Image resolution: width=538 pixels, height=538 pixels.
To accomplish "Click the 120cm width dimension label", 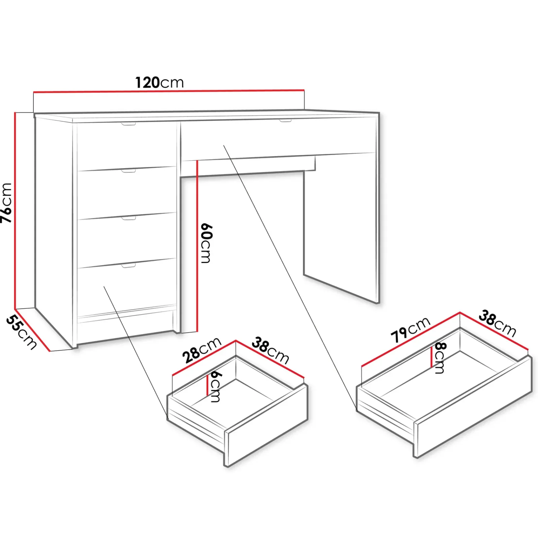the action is coord(159,82).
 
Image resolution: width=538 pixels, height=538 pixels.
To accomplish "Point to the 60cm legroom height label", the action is coord(206,242).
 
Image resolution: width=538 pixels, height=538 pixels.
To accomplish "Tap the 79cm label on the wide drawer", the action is coord(411,329).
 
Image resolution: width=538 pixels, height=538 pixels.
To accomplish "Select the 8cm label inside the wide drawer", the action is coord(440,357).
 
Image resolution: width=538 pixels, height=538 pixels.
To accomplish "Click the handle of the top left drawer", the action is coord(128,124).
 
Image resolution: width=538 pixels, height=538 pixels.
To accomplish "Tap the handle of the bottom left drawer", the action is coord(128,266).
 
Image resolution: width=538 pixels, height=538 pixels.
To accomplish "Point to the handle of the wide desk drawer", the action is coord(285,120).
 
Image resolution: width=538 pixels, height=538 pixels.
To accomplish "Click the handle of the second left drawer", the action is coord(128,171).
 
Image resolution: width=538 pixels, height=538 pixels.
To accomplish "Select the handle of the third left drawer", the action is coord(128,219).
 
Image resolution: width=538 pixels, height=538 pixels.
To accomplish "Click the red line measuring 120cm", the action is coord(169,91).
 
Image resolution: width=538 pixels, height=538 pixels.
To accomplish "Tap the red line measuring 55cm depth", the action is coord(32,330).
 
